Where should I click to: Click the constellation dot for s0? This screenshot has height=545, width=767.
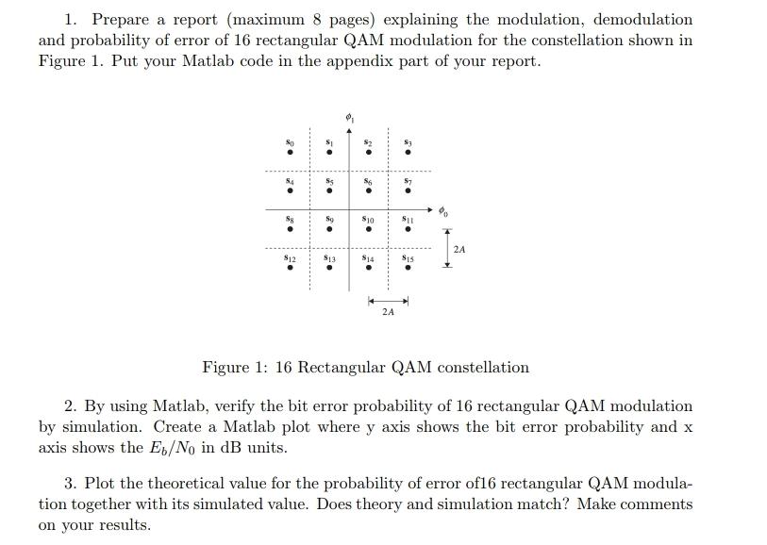click(290, 152)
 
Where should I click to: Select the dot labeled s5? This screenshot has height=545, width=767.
click(328, 190)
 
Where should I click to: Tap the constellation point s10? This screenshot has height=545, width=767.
click(368, 228)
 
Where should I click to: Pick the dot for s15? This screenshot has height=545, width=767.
click(407, 267)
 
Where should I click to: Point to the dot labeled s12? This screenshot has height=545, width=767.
click(290, 267)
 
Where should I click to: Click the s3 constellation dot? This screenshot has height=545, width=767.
click(407, 152)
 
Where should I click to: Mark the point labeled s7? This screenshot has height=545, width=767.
click(407, 190)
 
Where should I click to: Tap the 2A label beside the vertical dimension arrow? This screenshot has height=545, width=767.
click(459, 249)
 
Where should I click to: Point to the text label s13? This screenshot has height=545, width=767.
click(328, 256)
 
